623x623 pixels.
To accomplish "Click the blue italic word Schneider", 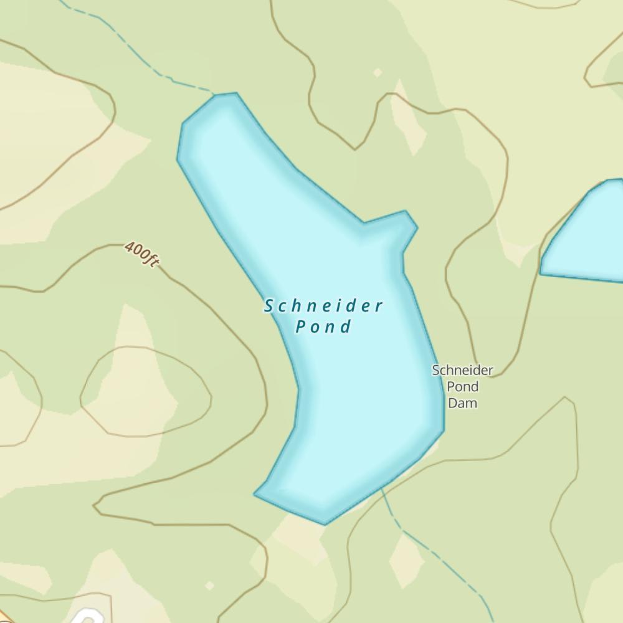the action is pyautogui.click(x=323, y=306).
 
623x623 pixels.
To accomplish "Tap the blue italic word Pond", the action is pyautogui.click(x=323, y=326).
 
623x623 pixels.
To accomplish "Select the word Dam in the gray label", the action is pyautogui.click(x=463, y=403).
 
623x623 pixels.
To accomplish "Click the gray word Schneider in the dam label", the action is pyautogui.click(x=463, y=371).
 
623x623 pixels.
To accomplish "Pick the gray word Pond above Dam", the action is pyautogui.click(x=463, y=387).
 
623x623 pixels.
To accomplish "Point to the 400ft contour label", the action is pyautogui.click(x=141, y=254).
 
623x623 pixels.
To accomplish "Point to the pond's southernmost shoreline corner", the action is pyautogui.click(x=324, y=523).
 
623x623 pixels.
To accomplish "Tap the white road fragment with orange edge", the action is pyautogui.click(x=87, y=617).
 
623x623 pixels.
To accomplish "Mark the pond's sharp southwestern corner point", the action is pyautogui.click(x=255, y=494).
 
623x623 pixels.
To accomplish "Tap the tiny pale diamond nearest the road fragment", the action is pyautogui.click(x=210, y=585).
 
